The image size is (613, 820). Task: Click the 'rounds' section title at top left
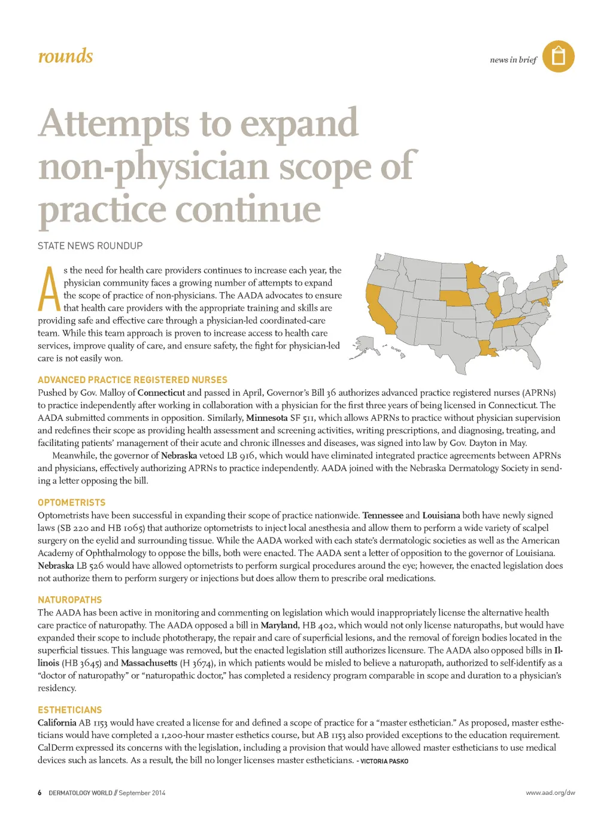65,56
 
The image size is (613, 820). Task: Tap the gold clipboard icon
558,57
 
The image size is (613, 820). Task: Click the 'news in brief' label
513,60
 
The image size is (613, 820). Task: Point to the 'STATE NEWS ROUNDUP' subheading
90,246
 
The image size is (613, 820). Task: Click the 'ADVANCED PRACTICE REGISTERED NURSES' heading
132,380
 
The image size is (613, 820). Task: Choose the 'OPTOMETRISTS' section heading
71,503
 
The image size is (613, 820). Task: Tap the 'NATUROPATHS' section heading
69,600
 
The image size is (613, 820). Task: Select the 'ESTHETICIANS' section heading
69,710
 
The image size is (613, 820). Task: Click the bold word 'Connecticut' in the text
160,393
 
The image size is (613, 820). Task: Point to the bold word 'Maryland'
279,625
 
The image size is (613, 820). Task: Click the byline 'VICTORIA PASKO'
384,761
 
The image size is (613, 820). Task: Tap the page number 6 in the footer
40,793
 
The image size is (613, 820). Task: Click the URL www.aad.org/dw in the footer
550,793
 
